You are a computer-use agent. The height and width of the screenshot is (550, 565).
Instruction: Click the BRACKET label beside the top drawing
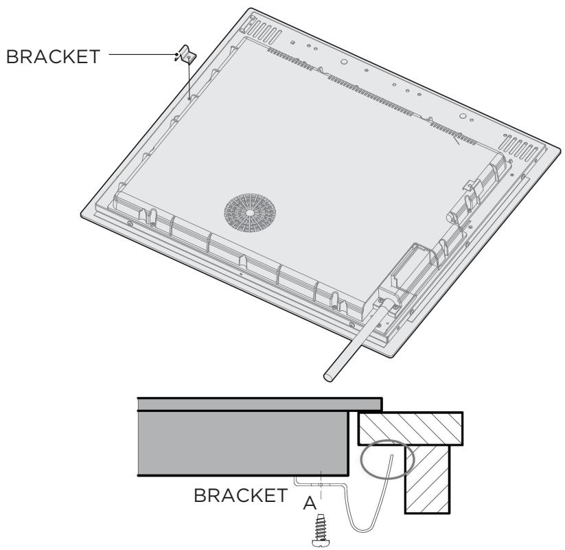click(x=54, y=56)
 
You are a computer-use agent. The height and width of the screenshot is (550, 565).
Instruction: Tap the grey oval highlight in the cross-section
click(x=385, y=461)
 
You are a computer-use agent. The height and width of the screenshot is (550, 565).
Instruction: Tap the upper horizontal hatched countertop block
click(x=411, y=428)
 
